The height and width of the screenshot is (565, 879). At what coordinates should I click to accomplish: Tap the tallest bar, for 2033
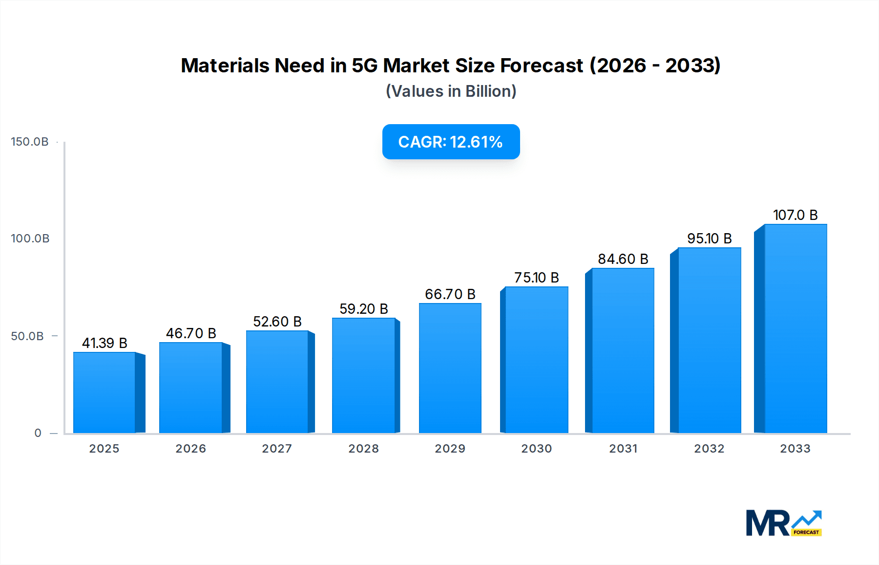click(795, 328)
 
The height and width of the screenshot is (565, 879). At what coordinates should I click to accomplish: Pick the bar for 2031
click(623, 350)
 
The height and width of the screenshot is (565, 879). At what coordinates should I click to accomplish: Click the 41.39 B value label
click(105, 343)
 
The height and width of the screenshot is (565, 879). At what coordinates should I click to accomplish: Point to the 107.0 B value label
click(795, 215)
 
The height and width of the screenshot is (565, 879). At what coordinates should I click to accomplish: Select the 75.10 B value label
click(536, 278)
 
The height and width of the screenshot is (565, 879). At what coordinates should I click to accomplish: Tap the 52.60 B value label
click(277, 322)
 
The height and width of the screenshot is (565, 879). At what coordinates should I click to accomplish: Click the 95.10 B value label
click(709, 239)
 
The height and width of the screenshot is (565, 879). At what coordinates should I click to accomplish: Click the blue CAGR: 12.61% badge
click(451, 142)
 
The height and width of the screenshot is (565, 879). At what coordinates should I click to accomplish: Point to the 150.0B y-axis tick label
click(30, 142)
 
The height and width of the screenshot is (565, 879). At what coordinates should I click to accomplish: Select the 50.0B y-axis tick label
click(27, 336)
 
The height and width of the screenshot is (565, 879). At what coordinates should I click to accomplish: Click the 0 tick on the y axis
click(38, 433)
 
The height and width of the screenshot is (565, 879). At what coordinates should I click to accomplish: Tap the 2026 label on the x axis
click(190, 449)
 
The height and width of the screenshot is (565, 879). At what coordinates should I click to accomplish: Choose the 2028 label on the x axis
click(363, 449)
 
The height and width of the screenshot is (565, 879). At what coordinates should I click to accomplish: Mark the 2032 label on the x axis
click(709, 449)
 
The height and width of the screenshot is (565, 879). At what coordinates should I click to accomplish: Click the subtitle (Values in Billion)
click(451, 91)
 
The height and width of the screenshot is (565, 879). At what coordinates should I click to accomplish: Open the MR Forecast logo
click(783, 523)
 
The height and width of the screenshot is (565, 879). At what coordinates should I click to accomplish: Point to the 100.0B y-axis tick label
click(30, 239)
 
